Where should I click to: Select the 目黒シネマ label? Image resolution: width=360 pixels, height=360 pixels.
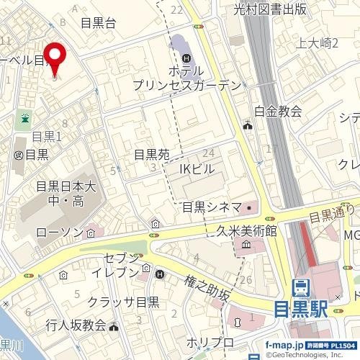tap(211, 207)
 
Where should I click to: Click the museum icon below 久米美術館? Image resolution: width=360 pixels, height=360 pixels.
tap(246, 246)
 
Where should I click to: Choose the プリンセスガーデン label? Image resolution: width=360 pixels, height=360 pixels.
tap(186, 85)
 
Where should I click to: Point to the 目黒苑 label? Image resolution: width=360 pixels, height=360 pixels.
tap(151, 154)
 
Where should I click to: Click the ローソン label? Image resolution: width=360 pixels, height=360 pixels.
tap(60, 232)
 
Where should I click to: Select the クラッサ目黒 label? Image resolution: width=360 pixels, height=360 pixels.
tap(124, 302)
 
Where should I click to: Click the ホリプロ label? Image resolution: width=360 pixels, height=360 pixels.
tap(210, 341)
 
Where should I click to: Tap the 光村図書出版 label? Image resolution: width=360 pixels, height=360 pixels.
tap(270, 9)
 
